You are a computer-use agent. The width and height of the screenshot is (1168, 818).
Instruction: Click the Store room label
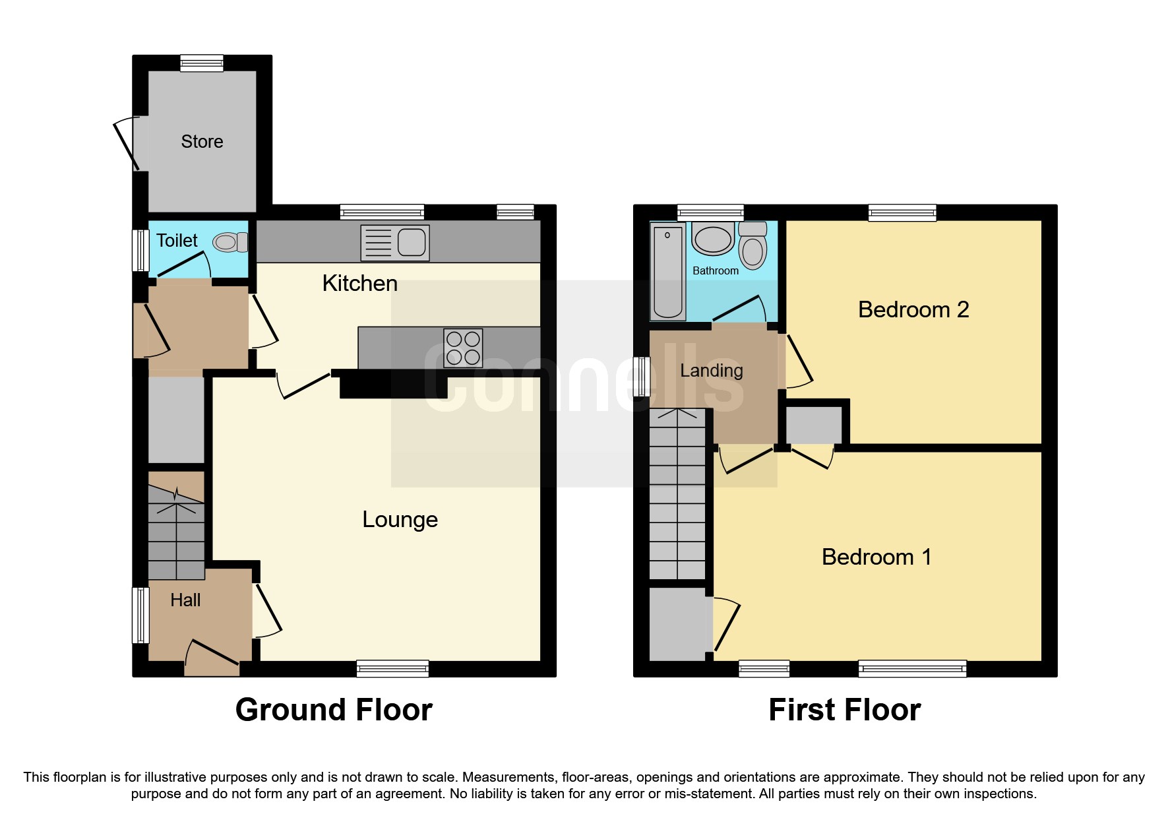(x=202, y=142)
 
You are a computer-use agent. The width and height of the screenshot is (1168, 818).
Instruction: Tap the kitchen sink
(x=395, y=243)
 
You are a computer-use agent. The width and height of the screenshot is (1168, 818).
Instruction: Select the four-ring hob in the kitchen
(x=463, y=348)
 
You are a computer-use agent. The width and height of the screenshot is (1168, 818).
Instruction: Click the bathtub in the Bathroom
(x=667, y=271)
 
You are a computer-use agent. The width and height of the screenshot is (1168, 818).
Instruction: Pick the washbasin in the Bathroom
(x=713, y=239)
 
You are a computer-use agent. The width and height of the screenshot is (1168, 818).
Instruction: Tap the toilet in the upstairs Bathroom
(x=753, y=245)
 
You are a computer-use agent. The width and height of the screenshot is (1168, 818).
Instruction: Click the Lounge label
(x=400, y=520)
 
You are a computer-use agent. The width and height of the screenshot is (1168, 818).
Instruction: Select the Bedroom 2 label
(x=913, y=309)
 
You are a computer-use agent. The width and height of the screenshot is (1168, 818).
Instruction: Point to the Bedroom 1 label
(x=876, y=557)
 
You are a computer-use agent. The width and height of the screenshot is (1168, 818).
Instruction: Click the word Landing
(x=712, y=371)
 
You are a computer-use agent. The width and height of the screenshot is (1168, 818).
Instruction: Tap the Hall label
(x=185, y=600)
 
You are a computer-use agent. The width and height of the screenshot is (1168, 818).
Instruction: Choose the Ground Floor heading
(x=334, y=710)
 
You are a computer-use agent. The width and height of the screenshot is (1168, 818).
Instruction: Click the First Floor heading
(x=844, y=710)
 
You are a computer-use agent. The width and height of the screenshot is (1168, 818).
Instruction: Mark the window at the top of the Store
(x=202, y=63)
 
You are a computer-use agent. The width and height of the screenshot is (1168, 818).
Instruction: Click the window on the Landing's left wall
(x=642, y=377)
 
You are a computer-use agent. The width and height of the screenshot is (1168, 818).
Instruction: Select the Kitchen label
(x=359, y=284)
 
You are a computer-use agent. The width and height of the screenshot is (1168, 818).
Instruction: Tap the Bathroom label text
(x=716, y=271)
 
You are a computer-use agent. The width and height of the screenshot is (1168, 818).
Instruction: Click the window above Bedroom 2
(x=902, y=212)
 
